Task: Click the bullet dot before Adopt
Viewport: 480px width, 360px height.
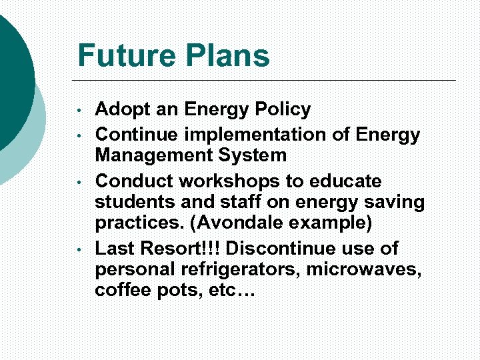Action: click(79, 110)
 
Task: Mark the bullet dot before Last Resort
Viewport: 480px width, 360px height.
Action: click(79, 249)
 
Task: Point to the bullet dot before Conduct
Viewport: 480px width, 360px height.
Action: click(79, 181)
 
